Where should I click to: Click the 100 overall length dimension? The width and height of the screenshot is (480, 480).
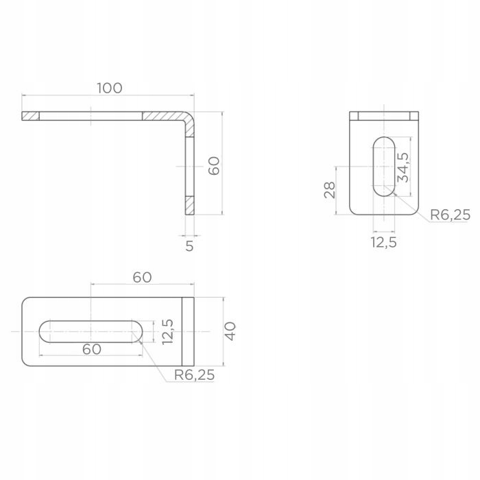[x=110, y=88]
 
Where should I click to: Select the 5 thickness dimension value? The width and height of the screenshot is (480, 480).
[x=189, y=246]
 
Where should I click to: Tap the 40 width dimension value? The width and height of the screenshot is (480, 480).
[x=230, y=331]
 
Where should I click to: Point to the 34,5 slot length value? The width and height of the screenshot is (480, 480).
[x=403, y=167]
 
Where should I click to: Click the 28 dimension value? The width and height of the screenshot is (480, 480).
[x=330, y=190]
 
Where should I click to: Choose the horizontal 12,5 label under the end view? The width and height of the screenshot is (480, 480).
[x=384, y=243]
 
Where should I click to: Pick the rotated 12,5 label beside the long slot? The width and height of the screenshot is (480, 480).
[x=168, y=332]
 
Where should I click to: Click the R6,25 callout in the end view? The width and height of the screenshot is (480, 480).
[x=450, y=215]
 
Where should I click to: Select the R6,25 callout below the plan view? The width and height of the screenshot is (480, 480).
[x=194, y=375]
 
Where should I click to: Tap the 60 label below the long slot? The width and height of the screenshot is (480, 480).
[x=92, y=349]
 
